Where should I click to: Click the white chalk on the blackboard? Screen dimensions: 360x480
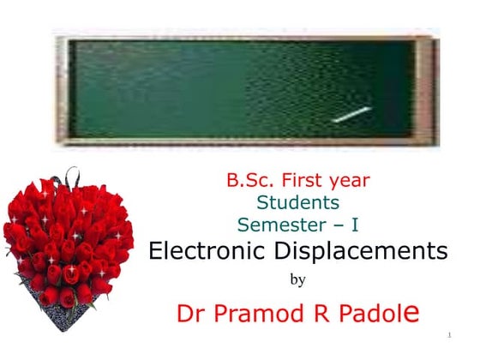351,114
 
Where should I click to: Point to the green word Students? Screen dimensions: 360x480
298,203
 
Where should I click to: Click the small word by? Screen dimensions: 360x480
298,279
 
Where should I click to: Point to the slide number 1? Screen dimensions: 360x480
449,333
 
